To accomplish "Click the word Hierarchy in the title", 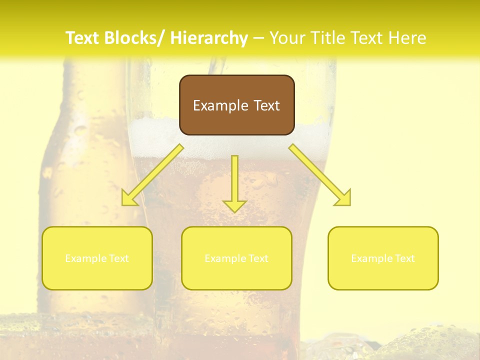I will pos(209,38).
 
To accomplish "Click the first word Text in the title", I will pos(83,38).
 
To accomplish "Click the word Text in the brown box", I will pos(266,105).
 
